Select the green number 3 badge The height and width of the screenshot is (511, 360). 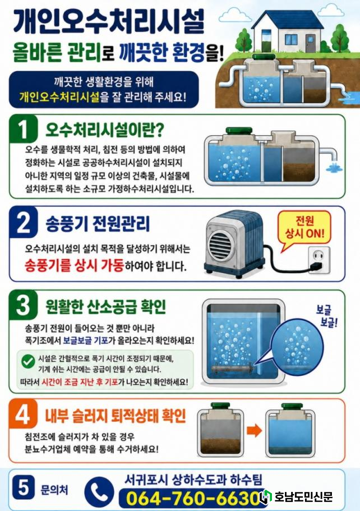[23, 305]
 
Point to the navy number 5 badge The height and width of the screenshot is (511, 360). [23, 487]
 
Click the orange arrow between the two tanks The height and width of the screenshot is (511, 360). [254, 430]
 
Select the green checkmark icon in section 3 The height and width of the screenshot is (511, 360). [28, 361]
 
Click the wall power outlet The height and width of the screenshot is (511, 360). [319, 259]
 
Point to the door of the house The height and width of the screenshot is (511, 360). [309, 43]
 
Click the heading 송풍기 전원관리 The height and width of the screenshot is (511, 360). [98, 224]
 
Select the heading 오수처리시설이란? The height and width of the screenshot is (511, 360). [104, 130]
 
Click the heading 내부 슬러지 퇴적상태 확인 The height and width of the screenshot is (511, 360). [116, 416]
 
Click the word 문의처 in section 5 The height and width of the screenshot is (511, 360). [54, 490]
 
